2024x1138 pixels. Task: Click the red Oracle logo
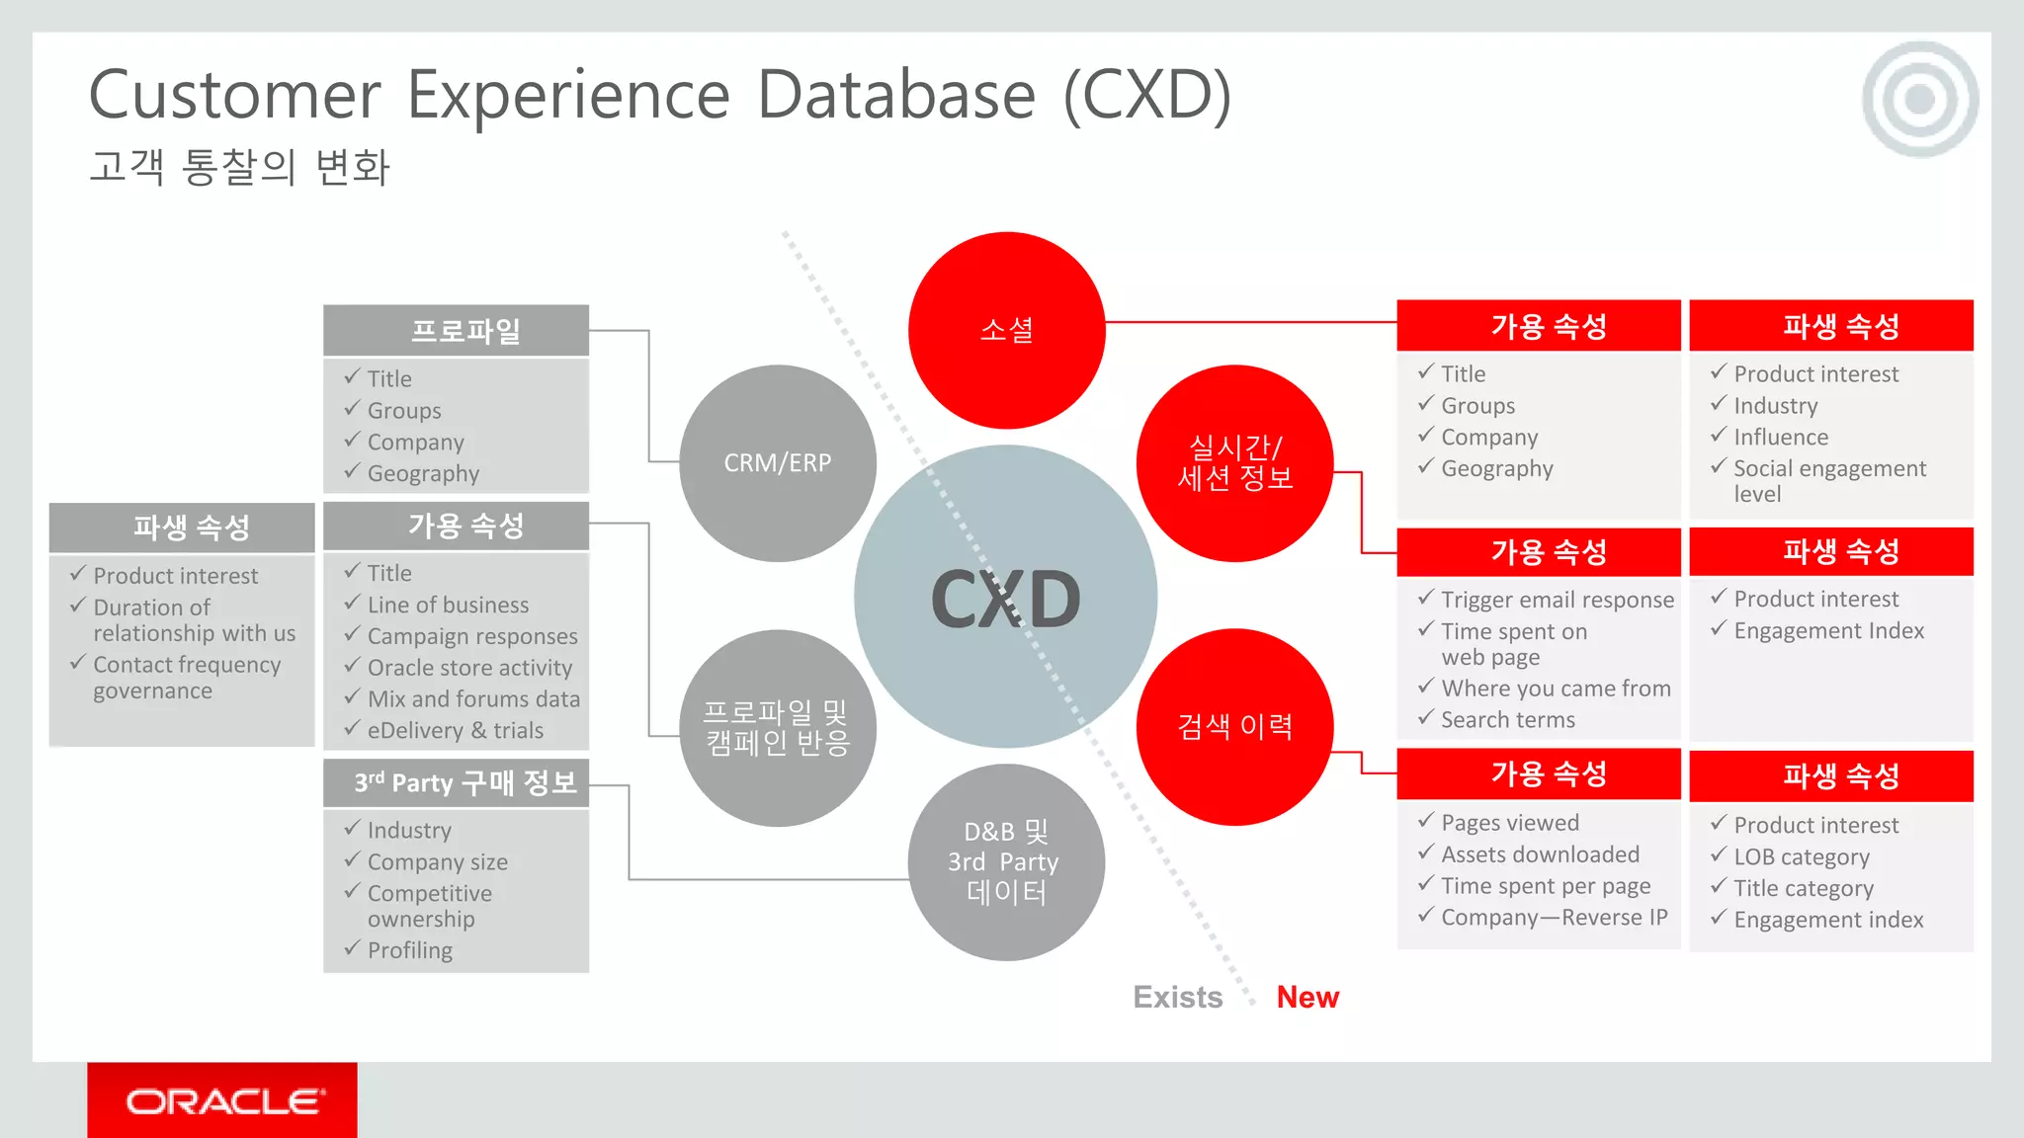[x=223, y=1100]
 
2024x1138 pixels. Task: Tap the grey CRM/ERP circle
[x=778, y=462]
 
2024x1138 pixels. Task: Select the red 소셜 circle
[x=1006, y=330]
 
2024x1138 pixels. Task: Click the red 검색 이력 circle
[x=1234, y=727]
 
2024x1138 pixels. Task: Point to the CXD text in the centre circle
[x=1006, y=600]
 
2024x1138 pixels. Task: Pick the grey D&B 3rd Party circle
[x=1006, y=861]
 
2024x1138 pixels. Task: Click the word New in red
[x=1307, y=997]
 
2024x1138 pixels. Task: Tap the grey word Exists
[x=1177, y=997]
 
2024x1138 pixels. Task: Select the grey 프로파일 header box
[x=456, y=330]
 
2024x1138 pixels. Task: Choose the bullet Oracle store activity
[x=469, y=668]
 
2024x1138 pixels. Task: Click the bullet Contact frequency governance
[x=187, y=678]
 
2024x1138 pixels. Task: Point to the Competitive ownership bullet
[x=429, y=905]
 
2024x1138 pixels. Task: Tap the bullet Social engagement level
[x=1828, y=480]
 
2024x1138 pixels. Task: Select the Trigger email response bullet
[x=1557, y=600]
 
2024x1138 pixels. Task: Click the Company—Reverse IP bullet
[x=1554, y=917]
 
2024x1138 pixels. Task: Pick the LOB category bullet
[x=1801, y=856]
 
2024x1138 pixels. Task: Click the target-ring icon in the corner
[x=1919, y=99]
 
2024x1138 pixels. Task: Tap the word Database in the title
[x=896, y=95]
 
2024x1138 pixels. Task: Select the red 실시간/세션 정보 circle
[x=1234, y=462]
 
